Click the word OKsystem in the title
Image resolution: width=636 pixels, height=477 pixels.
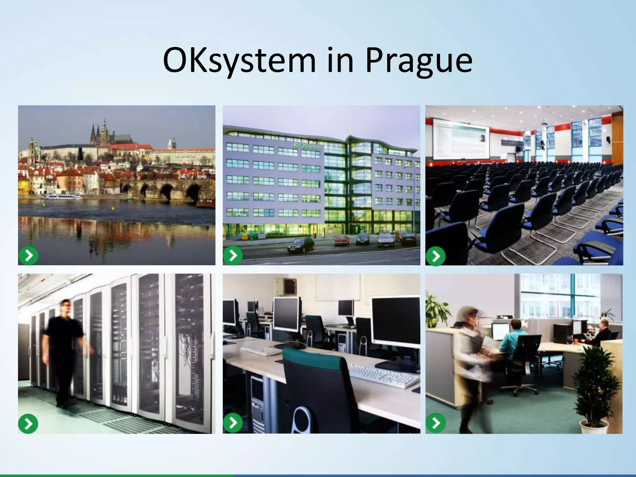tap(239, 61)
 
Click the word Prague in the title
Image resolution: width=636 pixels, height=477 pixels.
tap(419, 61)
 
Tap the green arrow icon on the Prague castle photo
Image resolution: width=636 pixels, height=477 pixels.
tap(29, 256)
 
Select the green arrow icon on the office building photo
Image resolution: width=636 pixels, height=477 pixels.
tap(233, 255)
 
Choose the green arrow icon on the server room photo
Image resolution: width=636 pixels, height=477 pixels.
tap(28, 424)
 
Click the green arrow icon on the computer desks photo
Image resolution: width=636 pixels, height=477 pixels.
tap(233, 423)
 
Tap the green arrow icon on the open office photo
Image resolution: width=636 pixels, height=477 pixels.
tap(436, 423)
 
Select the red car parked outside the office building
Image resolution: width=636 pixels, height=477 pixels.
tap(342, 240)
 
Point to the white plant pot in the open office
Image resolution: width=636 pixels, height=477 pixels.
tap(594, 426)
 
